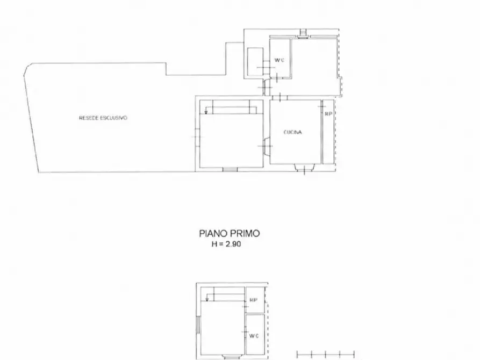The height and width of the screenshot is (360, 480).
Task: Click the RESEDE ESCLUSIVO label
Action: coord(103,118)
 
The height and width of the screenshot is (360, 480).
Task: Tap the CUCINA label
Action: coord(292,132)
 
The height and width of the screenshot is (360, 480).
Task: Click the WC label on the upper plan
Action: coord(279,60)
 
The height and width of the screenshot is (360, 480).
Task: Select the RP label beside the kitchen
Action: coord(328,114)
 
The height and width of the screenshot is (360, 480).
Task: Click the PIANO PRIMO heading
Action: coord(230,233)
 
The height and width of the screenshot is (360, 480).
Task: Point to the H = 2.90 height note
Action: coord(230,244)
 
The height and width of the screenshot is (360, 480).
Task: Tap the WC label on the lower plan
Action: coord(254,336)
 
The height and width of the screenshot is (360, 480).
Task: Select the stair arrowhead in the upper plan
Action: coord(206,113)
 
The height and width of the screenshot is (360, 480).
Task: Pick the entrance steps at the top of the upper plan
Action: coord(303,33)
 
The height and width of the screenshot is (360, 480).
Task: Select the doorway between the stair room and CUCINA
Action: coord(266,146)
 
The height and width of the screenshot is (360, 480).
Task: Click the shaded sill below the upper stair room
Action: coord(230,169)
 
